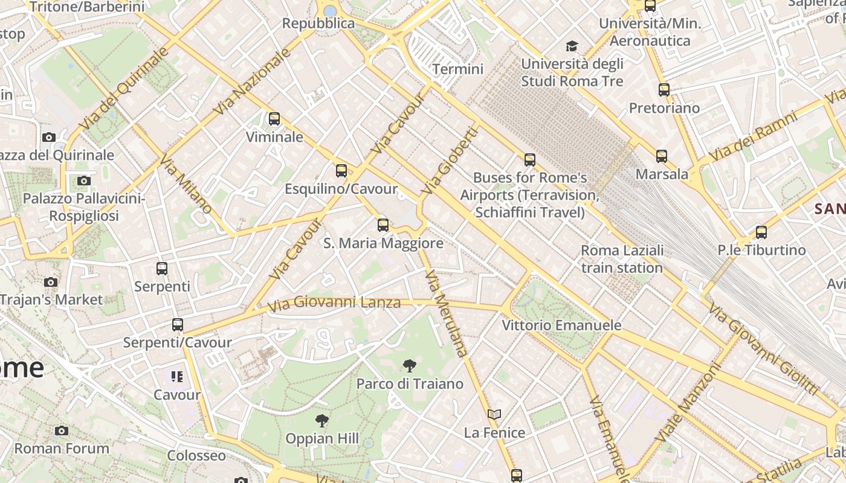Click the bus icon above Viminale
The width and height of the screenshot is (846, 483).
pos(274,119)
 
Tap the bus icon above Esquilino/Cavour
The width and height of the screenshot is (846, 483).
pos(341,171)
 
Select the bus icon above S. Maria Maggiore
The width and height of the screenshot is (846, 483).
pos(383,225)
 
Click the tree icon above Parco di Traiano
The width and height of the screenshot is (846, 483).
pos(409,365)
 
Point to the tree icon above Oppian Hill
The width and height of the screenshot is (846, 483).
pos(322,420)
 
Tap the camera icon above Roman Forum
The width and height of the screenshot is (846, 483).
pos(61,430)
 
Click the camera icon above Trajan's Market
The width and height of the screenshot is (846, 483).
pos(51,282)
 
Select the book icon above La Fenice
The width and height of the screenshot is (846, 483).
pos(494,414)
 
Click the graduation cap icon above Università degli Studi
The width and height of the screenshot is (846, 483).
pos(572,46)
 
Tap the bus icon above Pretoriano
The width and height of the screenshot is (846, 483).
pos(664,90)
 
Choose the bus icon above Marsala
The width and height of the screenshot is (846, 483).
pos(662,156)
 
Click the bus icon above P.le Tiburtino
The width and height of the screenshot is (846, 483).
pos(761,232)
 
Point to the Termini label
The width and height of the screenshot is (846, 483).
pos(458,69)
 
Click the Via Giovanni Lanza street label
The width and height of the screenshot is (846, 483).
pos(334,303)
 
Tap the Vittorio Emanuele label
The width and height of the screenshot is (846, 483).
pos(561,325)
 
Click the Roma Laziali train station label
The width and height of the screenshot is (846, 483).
pos(622,259)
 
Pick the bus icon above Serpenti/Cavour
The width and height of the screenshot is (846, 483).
pos(178,325)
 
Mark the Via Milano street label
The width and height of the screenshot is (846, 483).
pos(186,184)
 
